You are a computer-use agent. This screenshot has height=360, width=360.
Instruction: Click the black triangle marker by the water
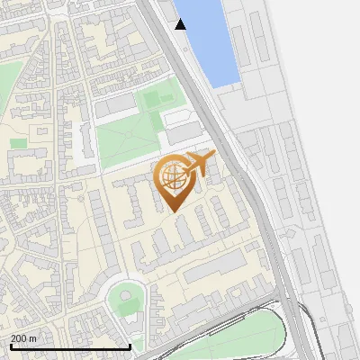click(181, 24)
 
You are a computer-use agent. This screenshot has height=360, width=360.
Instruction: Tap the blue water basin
click(211, 40)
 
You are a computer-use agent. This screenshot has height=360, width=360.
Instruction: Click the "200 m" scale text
click(24, 337)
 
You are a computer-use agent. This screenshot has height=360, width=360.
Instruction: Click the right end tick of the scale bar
click(130, 346)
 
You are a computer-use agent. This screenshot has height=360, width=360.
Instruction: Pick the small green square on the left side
click(18, 143)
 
